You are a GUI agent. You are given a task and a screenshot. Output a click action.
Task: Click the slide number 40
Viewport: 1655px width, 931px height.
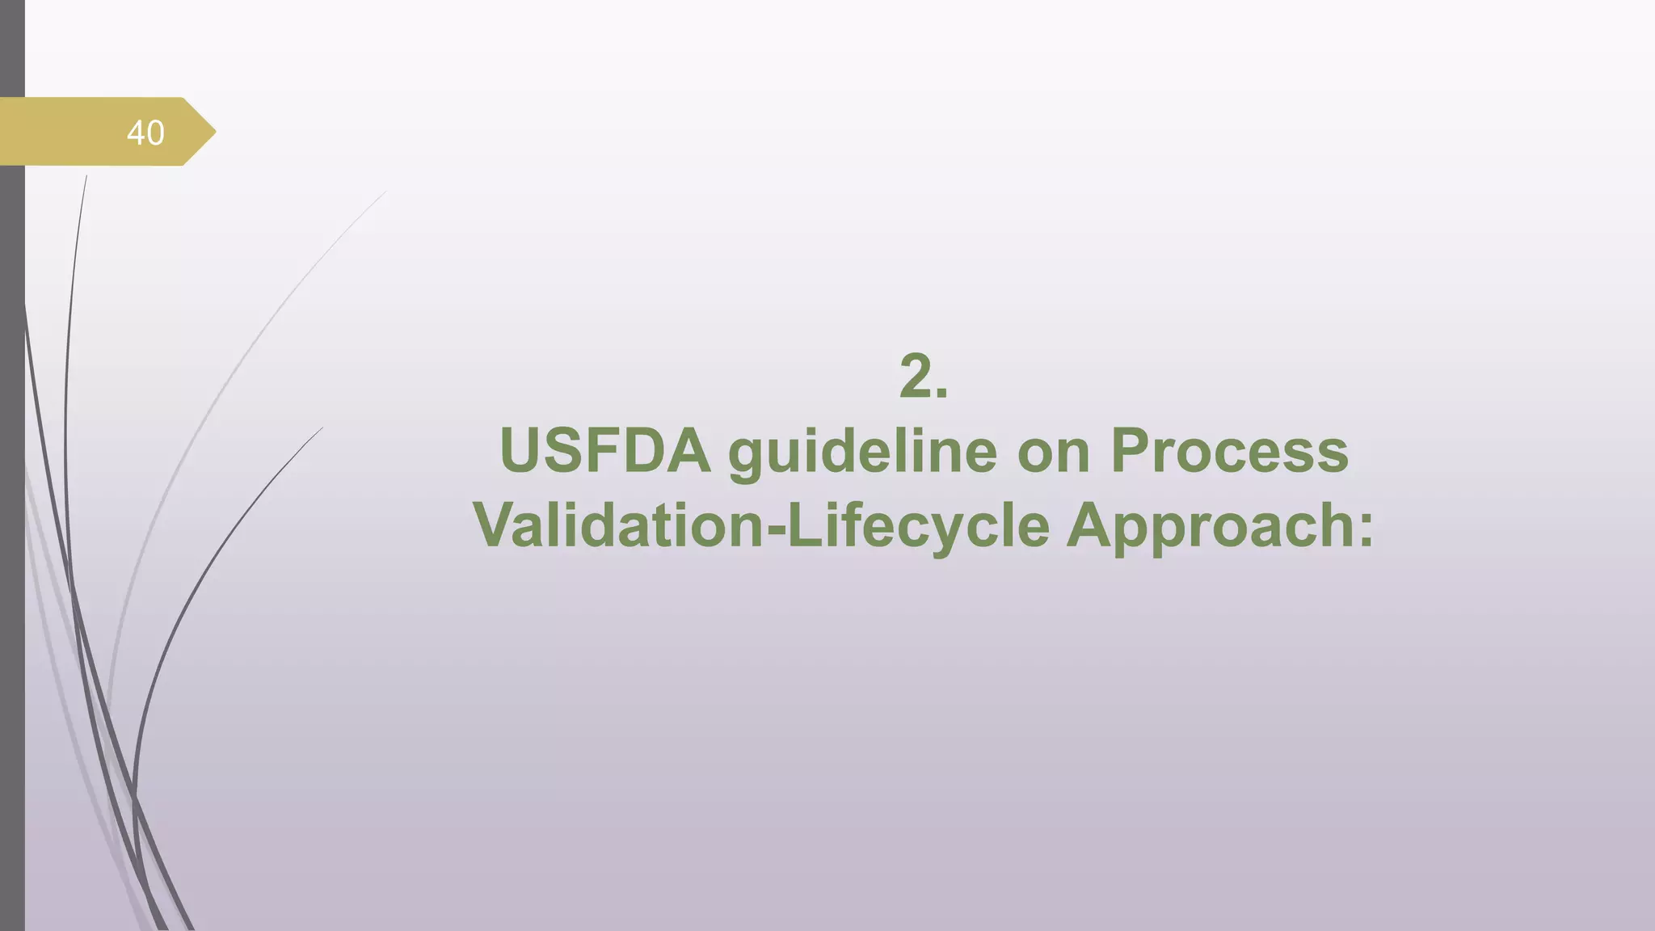point(145,133)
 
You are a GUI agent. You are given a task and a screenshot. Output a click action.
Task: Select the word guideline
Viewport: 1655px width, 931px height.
point(862,453)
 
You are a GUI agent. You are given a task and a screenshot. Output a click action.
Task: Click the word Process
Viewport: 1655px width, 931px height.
point(1229,450)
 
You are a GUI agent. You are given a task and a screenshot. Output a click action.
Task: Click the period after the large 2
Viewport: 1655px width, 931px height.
point(941,394)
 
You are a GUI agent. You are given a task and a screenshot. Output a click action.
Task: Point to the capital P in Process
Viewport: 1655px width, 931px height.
point(1130,450)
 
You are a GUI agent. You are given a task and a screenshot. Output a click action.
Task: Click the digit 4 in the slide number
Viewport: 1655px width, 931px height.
point(136,133)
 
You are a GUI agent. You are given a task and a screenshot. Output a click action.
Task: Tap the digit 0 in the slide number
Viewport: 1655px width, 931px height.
point(155,133)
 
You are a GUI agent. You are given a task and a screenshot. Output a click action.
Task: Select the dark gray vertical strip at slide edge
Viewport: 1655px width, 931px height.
point(12,525)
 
